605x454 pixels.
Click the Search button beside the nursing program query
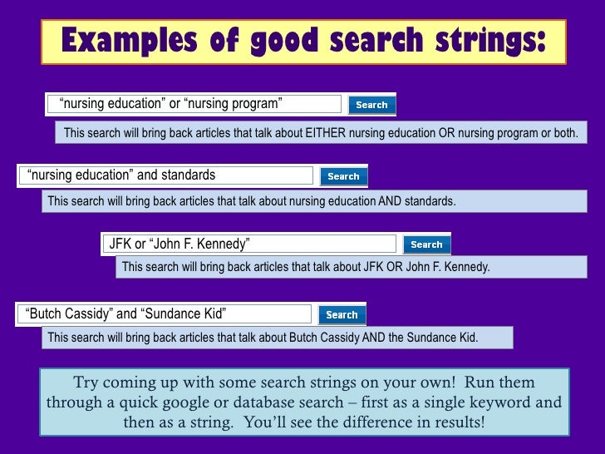(371, 105)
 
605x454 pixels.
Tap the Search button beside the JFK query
(426, 244)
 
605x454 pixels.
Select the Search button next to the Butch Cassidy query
(342, 314)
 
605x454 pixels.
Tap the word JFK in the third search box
(121, 244)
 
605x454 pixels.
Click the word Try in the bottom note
(86, 383)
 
